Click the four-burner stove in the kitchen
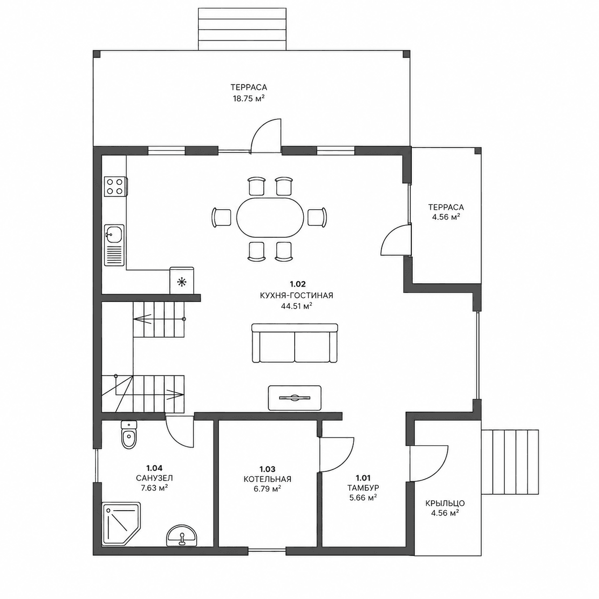[116, 186]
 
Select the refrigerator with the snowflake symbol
[182, 280]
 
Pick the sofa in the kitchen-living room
[295, 343]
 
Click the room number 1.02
[298, 284]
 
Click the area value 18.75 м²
[249, 98]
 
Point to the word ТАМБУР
[363, 487]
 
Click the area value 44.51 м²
[297, 306]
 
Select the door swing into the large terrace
[266, 136]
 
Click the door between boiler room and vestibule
[337, 455]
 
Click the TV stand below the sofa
[294, 397]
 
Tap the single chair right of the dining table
[317, 217]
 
